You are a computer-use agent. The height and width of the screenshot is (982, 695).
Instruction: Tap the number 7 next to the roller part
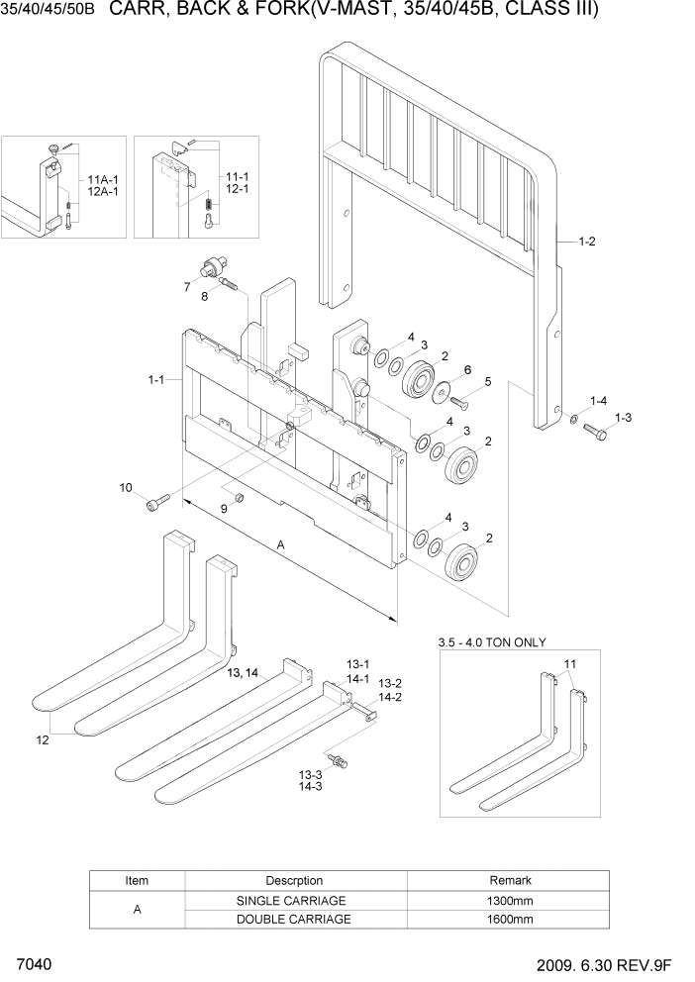[185, 287]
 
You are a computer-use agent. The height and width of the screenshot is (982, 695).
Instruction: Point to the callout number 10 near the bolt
[126, 487]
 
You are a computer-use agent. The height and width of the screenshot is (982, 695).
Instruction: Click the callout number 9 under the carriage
[224, 508]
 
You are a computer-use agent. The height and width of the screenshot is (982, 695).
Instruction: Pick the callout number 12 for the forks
[42, 738]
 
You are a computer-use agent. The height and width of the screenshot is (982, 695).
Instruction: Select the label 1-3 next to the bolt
[623, 419]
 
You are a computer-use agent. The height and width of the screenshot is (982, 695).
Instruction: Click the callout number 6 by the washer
[467, 368]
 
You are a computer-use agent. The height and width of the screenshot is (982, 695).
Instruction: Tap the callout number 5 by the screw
[487, 381]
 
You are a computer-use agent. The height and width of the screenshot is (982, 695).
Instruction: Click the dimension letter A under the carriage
[280, 544]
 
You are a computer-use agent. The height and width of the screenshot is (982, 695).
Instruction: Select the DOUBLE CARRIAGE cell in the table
[293, 919]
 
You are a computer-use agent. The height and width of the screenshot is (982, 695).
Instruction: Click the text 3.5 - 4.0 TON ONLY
[492, 642]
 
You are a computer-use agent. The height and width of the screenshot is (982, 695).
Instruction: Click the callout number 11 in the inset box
[569, 663]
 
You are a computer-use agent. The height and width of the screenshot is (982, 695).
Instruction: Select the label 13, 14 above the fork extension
[243, 672]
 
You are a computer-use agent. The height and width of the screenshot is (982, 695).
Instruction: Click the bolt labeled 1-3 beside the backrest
[596, 433]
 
